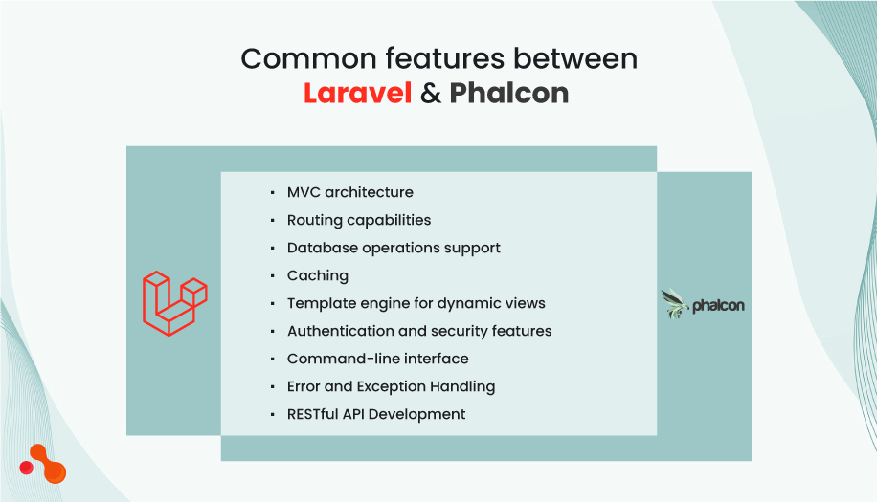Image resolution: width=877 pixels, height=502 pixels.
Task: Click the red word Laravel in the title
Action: pyautogui.click(x=357, y=93)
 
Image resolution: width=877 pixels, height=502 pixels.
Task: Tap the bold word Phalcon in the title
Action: pyautogui.click(x=508, y=93)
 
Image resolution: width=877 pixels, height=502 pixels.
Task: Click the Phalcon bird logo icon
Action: pyautogui.click(x=675, y=304)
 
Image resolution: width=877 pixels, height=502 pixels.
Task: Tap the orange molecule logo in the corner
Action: pyautogui.click(x=44, y=464)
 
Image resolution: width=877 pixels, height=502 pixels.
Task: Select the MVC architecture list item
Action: pyautogui.click(x=349, y=192)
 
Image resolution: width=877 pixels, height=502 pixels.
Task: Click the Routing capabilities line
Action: pyautogui.click(x=359, y=220)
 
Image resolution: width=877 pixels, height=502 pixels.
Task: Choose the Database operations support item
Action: pyautogui.click(x=394, y=248)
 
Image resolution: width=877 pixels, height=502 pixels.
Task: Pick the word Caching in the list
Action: pyautogui.click(x=318, y=275)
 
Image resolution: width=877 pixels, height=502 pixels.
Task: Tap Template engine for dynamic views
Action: pyautogui.click(x=416, y=303)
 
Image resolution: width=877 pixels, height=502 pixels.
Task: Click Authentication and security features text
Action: pyautogui.click(x=419, y=331)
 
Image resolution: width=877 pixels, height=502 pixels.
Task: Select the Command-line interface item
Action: pyautogui.click(x=377, y=359)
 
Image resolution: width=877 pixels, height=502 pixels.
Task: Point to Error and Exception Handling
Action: pyautogui.click(x=391, y=386)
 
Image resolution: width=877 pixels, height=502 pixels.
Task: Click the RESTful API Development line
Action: pyautogui.click(x=376, y=414)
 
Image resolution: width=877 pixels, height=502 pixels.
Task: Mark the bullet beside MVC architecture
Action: pyautogui.click(x=273, y=193)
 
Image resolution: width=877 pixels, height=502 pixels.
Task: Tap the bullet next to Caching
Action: pyautogui.click(x=273, y=276)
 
